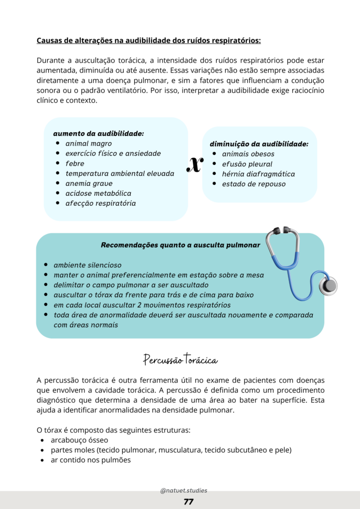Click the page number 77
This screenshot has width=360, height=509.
pyautogui.click(x=188, y=502)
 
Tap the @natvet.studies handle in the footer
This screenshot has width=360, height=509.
pyautogui.click(x=183, y=490)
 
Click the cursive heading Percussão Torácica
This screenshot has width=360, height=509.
pyautogui.click(x=180, y=359)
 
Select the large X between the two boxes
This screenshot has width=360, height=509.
pyautogui.click(x=194, y=165)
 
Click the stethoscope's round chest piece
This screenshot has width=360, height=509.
pyautogui.click(x=329, y=285)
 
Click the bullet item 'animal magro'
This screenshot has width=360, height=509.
pyautogui.click(x=89, y=144)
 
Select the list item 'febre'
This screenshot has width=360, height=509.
pyautogui.click(x=75, y=164)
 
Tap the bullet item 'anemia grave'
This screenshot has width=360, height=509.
pyautogui.click(x=89, y=183)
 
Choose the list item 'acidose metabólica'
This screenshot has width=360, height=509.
pyautogui.click(x=98, y=193)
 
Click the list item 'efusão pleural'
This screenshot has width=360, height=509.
pyautogui.click(x=247, y=164)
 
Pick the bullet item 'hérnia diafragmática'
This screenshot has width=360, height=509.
pyautogui.click(x=258, y=174)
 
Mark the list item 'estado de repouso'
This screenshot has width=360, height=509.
pyautogui.click(x=254, y=184)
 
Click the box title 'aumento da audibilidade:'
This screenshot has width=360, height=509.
pyautogui.click(x=98, y=134)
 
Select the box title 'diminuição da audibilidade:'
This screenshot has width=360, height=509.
pyautogui.click(x=259, y=144)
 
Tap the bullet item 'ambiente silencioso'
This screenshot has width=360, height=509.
pyautogui.click(x=88, y=265)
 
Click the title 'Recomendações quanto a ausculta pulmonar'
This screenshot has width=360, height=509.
pyautogui.click(x=180, y=245)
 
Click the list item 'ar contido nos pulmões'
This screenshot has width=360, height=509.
pyautogui.click(x=90, y=460)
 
